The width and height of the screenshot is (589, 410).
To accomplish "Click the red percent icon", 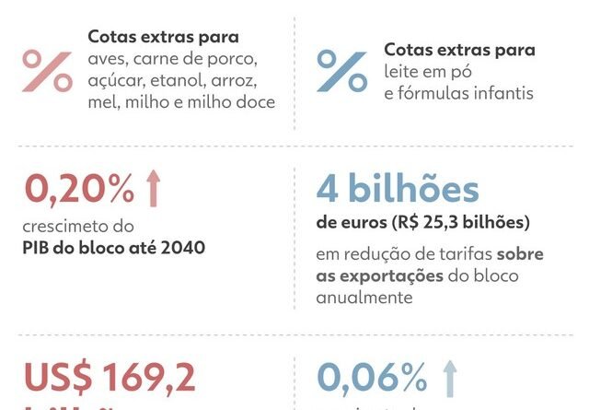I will pyautogui.click(x=47, y=71).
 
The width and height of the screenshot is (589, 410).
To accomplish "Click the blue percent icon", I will pyautogui.click(x=342, y=71).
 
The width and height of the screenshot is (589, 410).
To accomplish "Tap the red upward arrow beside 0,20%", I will pyautogui.click(x=153, y=189).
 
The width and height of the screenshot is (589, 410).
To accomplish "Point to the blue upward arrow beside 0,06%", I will pyautogui.click(x=449, y=378).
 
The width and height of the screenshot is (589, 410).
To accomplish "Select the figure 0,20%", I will pyautogui.click(x=79, y=190).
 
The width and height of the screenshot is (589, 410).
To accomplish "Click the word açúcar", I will pyautogui.click(x=114, y=81).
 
